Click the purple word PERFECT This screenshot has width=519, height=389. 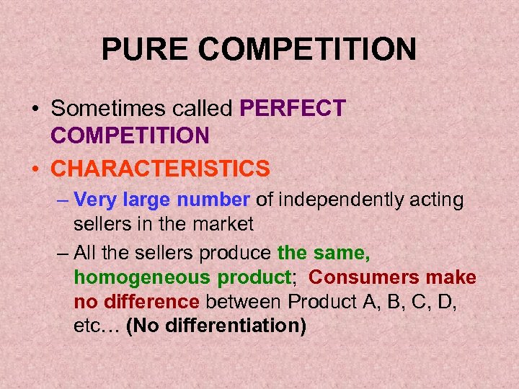tap(293, 109)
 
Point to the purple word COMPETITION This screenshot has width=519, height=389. tap(130, 135)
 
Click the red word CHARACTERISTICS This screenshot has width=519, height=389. tap(161, 169)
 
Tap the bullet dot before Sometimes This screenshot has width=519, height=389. tap(35, 109)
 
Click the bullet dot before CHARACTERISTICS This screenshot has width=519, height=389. tap(35, 169)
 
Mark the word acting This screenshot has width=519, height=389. tap(438, 200)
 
